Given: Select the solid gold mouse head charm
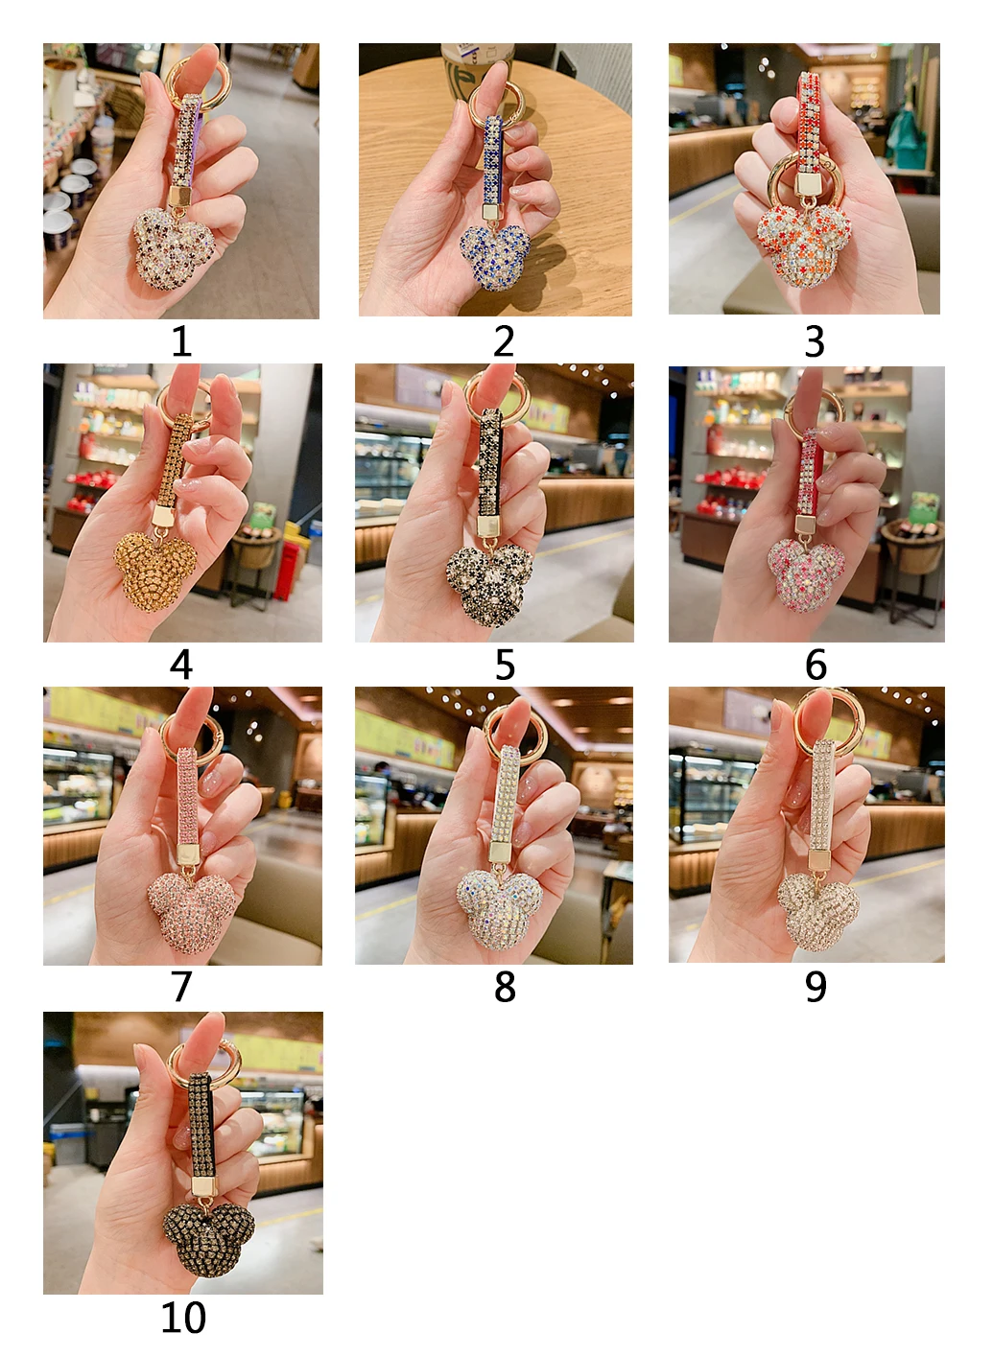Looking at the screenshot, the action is pos(155,571).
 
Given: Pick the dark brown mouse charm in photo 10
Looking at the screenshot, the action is pos(209,1239).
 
